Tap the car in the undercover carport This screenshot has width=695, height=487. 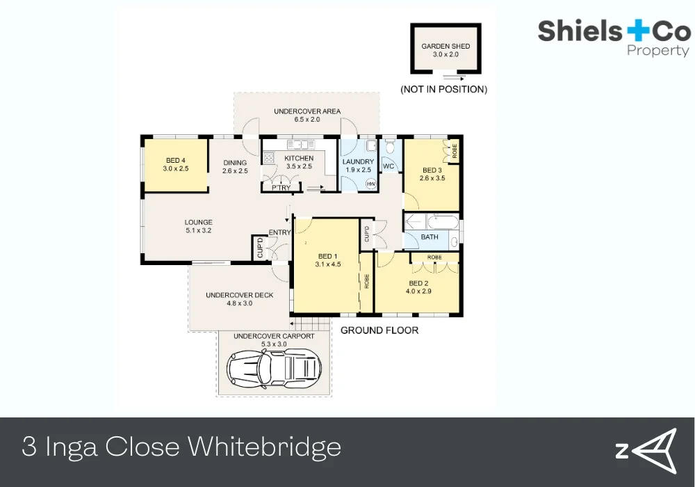[x=277, y=369]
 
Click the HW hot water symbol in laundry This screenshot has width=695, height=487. [x=370, y=183]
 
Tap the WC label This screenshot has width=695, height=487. [x=389, y=166]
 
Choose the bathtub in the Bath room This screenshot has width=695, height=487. [x=431, y=223]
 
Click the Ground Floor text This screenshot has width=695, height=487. [x=379, y=330]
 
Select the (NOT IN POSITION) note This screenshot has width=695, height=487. [x=443, y=89]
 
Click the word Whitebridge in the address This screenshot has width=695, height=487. [x=263, y=446]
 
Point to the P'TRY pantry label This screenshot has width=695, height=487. [x=281, y=188]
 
